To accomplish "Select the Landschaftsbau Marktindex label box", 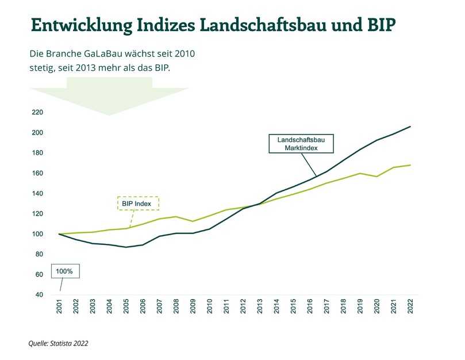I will pyautogui.click(x=301, y=144).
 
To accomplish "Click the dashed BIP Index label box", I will pyautogui.click(x=136, y=203).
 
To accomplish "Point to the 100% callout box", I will pyautogui.click(x=65, y=271).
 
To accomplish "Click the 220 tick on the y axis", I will pyautogui.click(x=39, y=112).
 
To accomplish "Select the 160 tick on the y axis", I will pyautogui.click(x=39, y=173).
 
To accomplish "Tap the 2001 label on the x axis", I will pyautogui.click(x=59, y=307).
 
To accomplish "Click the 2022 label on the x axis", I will pyautogui.click(x=410, y=307).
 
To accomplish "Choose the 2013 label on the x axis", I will pyautogui.click(x=260, y=307).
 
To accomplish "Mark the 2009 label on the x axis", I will pyautogui.click(x=193, y=307).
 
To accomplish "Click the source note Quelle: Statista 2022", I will pyautogui.click(x=59, y=343).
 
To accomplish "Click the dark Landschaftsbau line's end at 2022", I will pyautogui.click(x=410, y=127).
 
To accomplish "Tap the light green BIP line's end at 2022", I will pyautogui.click(x=410, y=165).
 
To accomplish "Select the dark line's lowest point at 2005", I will pyautogui.click(x=126, y=247).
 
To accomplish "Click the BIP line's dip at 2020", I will pyautogui.click(x=377, y=177).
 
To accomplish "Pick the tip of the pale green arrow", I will pyautogui.click(x=109, y=115).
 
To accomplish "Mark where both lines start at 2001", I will pyautogui.click(x=59, y=234).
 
